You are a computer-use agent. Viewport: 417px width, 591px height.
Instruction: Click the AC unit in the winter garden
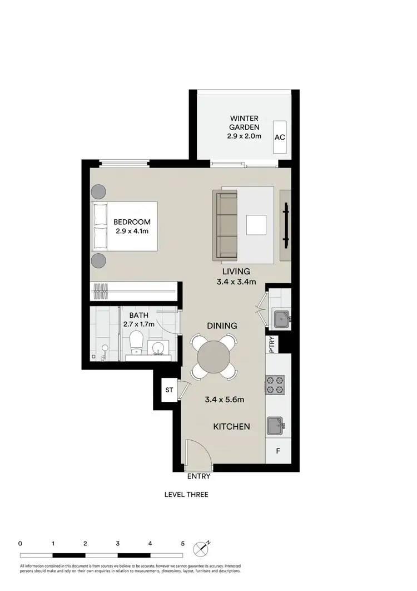coord(280,137)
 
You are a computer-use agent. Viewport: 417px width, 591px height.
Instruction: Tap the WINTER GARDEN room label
coord(245,126)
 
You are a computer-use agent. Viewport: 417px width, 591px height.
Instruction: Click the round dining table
coord(215,356)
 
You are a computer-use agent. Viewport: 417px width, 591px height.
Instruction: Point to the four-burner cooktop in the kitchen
coord(276,384)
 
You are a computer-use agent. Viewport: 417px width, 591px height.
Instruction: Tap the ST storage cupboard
coord(170,390)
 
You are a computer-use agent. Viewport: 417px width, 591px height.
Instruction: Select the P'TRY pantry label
coord(272,344)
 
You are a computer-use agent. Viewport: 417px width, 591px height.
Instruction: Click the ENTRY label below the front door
coord(199,476)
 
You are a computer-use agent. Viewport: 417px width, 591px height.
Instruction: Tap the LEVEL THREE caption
coord(186,494)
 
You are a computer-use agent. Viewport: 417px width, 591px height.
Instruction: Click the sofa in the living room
coord(226,225)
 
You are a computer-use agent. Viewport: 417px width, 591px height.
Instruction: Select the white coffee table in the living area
coord(256,225)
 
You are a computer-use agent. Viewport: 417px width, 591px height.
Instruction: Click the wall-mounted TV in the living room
coord(286,225)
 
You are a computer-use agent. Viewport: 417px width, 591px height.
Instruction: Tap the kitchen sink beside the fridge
coord(276,426)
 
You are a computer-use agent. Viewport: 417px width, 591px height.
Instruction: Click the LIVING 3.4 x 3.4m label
coord(236,276)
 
